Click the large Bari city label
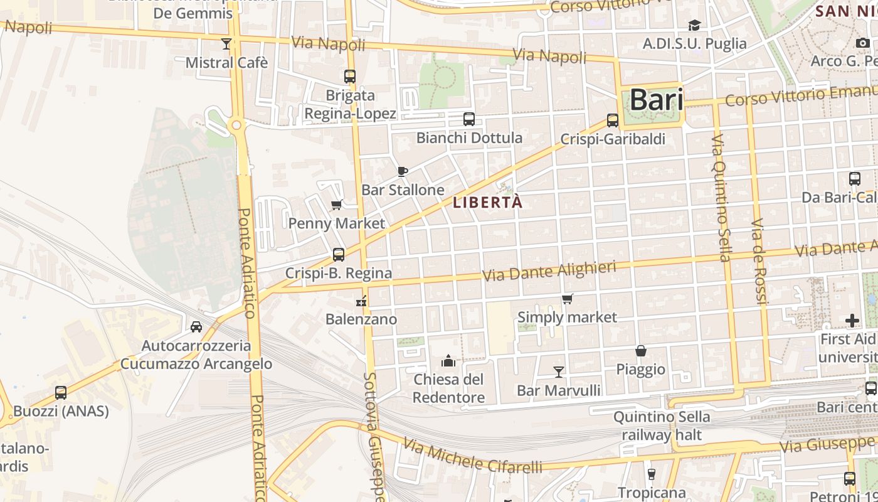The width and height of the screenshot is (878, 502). (x=656, y=100)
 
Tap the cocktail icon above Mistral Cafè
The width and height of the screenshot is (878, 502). (x=226, y=44)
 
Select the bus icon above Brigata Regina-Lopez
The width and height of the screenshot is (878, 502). (x=350, y=77)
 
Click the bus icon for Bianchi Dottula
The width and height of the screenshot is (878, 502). (x=468, y=119)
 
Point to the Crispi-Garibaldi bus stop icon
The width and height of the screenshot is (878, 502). (x=613, y=120)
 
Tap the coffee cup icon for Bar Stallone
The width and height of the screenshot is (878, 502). (x=403, y=171)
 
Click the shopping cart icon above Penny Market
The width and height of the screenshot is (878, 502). (x=337, y=205)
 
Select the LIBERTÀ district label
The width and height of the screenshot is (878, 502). (x=487, y=203)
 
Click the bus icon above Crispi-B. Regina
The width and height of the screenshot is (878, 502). (x=339, y=254)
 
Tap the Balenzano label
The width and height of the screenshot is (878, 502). (x=361, y=319)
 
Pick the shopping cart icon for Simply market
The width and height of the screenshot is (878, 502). (x=567, y=299)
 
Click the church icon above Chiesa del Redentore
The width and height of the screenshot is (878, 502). (x=448, y=361)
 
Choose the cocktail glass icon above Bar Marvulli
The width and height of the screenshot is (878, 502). (x=558, y=372)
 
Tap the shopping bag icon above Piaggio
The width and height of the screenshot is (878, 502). (x=641, y=350)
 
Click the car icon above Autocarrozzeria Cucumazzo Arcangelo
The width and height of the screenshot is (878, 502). (x=196, y=327)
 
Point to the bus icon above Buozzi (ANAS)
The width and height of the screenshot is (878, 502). (x=61, y=393)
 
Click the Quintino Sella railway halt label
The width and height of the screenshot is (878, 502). (x=662, y=425)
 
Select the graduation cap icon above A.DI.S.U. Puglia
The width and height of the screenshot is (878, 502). (x=694, y=25)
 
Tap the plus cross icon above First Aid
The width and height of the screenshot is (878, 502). (x=852, y=321)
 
